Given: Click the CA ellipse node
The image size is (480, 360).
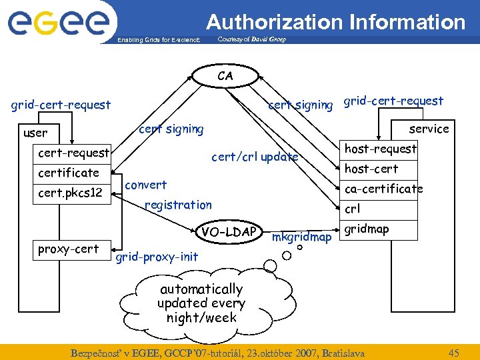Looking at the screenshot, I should [x=225, y=76].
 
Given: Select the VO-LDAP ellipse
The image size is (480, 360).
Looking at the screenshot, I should [x=229, y=231].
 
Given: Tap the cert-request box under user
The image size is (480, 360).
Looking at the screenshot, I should [x=73, y=153].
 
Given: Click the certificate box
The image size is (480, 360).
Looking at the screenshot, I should [x=69, y=173].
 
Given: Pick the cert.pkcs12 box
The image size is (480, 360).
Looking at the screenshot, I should [x=70, y=193].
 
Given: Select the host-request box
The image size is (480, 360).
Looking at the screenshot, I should [x=381, y=149].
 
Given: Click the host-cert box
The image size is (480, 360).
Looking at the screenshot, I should [x=371, y=169].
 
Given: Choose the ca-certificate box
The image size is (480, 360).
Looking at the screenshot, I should [x=383, y=189].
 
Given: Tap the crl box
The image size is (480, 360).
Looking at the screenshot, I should [x=353, y=209].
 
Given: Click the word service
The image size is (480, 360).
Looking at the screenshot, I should [x=429, y=128].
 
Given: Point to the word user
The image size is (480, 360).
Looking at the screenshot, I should [x=35, y=133].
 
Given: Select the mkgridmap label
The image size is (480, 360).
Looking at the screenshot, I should [x=302, y=237].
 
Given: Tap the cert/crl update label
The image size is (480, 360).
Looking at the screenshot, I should [x=255, y=157].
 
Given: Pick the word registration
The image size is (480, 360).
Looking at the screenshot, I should [x=178, y=205].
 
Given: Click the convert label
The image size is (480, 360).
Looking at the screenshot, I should [x=146, y=184].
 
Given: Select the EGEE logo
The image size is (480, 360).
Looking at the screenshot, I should [x=58, y=23].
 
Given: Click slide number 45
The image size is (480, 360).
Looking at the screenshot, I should [x=454, y=353].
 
